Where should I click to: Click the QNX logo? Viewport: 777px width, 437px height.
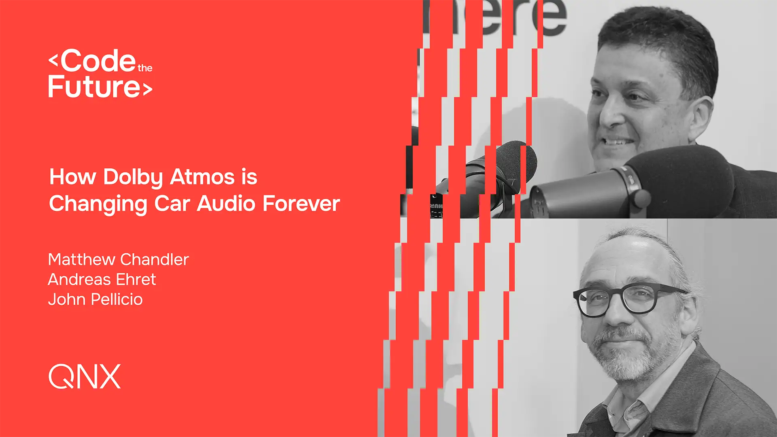point(85,376)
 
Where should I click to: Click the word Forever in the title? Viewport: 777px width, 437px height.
point(301,203)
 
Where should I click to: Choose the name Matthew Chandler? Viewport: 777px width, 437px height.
point(119,259)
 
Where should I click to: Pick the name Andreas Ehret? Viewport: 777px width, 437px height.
point(102,279)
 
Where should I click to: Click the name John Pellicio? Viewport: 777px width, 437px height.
point(96,299)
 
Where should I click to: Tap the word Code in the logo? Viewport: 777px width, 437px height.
point(98,61)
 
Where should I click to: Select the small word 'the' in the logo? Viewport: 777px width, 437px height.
point(145,68)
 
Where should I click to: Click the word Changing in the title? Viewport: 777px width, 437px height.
point(98,204)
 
